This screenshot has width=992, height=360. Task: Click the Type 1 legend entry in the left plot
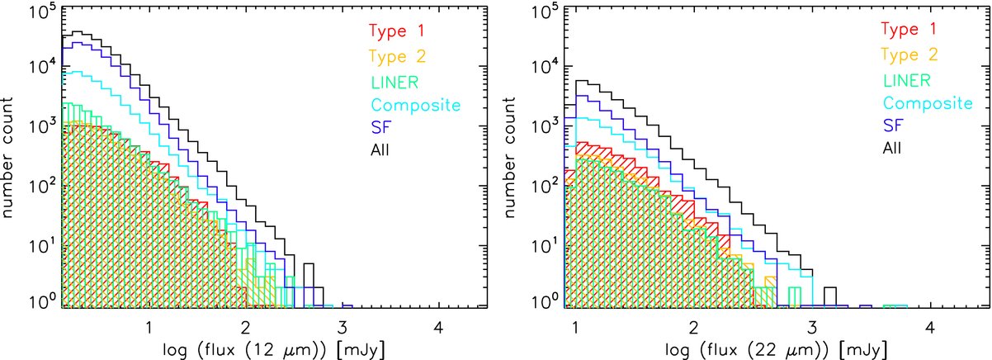coord(396,31)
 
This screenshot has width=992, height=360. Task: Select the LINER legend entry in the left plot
coord(394,83)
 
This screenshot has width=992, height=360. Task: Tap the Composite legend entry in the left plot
coord(415,106)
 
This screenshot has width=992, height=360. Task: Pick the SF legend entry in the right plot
coord(893,126)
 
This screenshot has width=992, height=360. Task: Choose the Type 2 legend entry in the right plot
coord(909,54)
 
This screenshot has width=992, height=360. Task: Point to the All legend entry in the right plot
coord(892,148)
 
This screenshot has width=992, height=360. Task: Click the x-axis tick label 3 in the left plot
coord(342,328)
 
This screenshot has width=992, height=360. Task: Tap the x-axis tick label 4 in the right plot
coord(930,328)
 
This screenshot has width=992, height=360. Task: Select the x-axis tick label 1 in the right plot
coord(575,328)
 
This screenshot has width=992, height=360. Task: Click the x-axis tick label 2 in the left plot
coord(245,328)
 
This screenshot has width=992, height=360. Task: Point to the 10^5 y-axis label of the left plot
coord(41,11)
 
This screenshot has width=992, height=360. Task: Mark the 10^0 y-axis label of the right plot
coord(544,301)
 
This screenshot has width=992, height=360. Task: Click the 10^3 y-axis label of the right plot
coord(544,126)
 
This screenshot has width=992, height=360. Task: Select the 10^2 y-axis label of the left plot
coord(41,186)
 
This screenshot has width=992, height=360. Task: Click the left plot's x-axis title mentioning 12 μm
coord(274,350)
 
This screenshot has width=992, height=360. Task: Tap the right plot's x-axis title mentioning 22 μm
coord(777,350)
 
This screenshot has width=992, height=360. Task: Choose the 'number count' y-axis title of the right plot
coord(510,158)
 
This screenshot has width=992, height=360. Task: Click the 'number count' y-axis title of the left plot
coord(7,158)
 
